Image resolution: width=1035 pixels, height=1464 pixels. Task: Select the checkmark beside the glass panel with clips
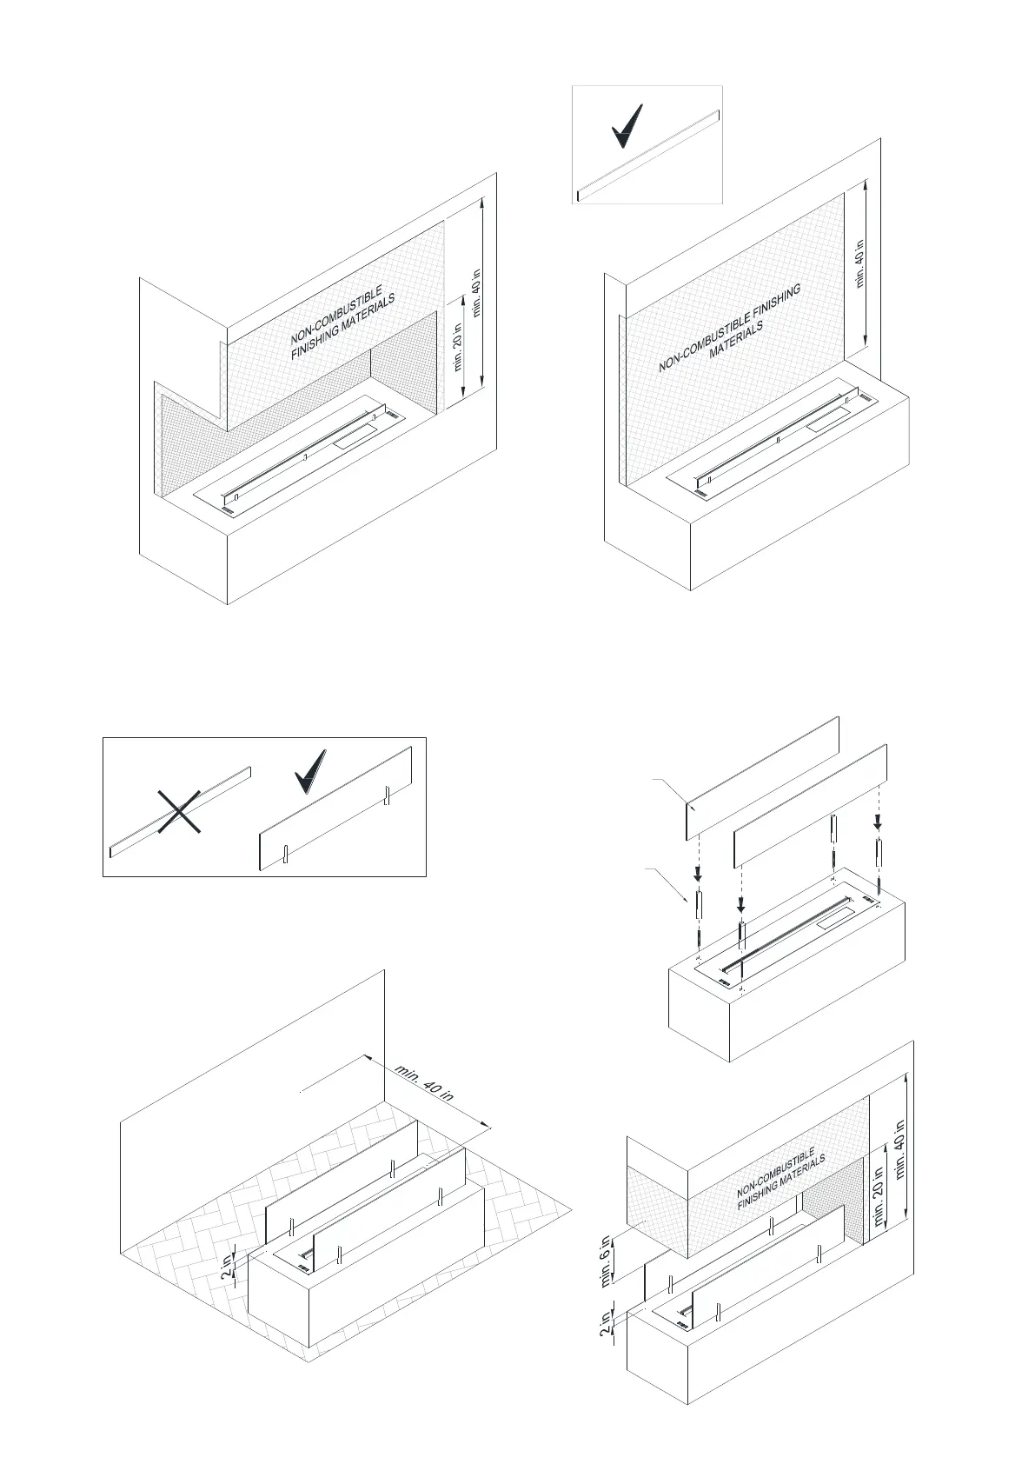click(309, 770)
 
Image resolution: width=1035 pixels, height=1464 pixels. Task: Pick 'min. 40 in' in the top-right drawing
click(859, 263)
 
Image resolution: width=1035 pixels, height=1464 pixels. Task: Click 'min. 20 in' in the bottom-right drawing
click(879, 1198)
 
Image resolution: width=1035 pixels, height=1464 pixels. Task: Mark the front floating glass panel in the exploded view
click(810, 804)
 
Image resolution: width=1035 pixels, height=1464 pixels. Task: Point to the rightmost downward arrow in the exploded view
click(879, 821)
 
